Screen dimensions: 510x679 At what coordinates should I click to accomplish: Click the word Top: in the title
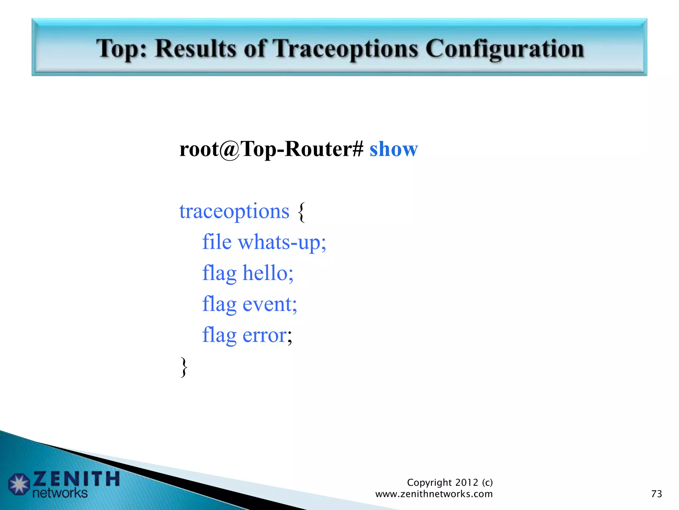(121, 49)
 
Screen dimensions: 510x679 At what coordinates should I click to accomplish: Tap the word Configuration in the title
(504, 49)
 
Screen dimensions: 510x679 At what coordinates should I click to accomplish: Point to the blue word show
(394, 149)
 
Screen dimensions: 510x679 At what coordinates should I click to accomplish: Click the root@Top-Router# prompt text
(271, 149)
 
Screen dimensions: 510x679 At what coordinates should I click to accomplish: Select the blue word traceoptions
(234, 212)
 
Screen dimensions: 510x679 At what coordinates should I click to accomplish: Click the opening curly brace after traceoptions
(301, 212)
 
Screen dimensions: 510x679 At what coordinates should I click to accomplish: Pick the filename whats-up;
(282, 242)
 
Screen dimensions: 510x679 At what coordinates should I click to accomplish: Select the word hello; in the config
(268, 273)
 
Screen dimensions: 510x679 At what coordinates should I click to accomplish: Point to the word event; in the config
(270, 304)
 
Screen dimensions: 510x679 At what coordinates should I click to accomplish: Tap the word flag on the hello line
(219, 274)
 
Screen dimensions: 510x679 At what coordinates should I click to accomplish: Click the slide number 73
(656, 494)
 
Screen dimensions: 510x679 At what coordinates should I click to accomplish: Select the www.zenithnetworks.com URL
(434, 494)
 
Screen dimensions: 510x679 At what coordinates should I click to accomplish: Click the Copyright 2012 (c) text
(450, 482)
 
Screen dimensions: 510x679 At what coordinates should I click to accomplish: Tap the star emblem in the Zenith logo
(19, 484)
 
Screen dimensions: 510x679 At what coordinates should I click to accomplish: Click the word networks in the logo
(60, 493)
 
